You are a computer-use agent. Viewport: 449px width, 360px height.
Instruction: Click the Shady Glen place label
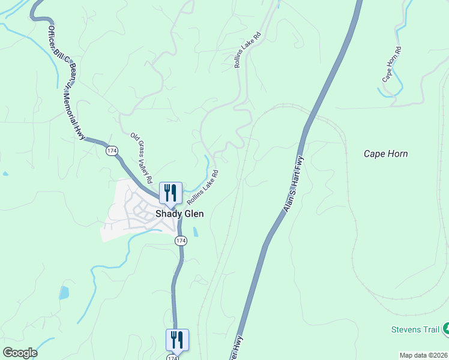pyautogui.click(x=180, y=214)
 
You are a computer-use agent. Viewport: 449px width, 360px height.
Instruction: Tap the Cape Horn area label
pyautogui.click(x=385, y=154)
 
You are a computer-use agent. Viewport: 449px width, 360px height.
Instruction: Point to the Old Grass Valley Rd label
pyautogui.click(x=142, y=158)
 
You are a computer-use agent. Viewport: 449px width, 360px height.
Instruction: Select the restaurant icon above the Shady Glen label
pyautogui.click(x=170, y=193)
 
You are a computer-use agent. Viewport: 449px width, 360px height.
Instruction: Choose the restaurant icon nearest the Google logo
pyautogui.click(x=177, y=340)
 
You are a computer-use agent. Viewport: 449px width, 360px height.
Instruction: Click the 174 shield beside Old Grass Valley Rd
pyautogui.click(x=111, y=151)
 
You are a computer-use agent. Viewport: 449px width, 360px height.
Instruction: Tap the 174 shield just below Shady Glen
pyautogui.click(x=181, y=240)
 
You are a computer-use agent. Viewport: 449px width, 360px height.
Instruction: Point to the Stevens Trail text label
pyautogui.click(x=414, y=329)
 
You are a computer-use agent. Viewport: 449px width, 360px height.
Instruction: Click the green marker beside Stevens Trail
pyautogui.click(x=445, y=329)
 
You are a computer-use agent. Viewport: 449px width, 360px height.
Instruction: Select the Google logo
pyautogui.click(x=20, y=353)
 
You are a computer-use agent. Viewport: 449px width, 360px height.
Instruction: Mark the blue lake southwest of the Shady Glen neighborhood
pyautogui.click(x=64, y=293)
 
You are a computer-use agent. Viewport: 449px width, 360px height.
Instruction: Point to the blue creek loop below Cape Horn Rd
pyautogui.click(x=390, y=91)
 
